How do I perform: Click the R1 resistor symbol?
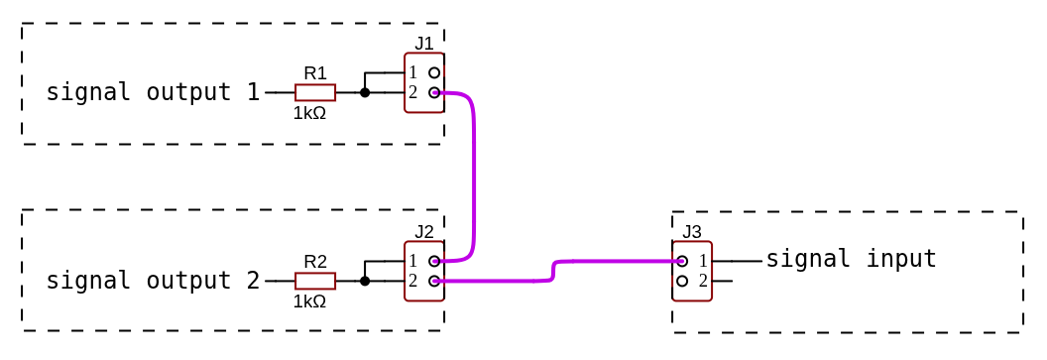[315, 92]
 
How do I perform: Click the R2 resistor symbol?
[315, 281]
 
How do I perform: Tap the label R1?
[315, 72]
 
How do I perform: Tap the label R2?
[315, 262]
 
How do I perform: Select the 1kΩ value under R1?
[309, 113]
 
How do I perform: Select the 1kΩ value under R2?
[309, 301]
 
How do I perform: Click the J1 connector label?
[424, 43]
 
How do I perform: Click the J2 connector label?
[424, 231]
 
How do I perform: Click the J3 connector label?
[692, 231]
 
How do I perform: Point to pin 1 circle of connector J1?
[434, 72]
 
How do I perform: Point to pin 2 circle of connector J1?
[434, 92]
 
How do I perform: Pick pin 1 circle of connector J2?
[434, 261]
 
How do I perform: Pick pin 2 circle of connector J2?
[434, 281]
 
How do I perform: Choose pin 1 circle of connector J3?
[682, 261]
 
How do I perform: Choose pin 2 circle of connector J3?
[682, 281]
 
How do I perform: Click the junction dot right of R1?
[365, 92]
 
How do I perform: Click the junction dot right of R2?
[365, 281]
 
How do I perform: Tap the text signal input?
[851, 259]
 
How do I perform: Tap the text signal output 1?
[153, 92]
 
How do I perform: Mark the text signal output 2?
[153, 281]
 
